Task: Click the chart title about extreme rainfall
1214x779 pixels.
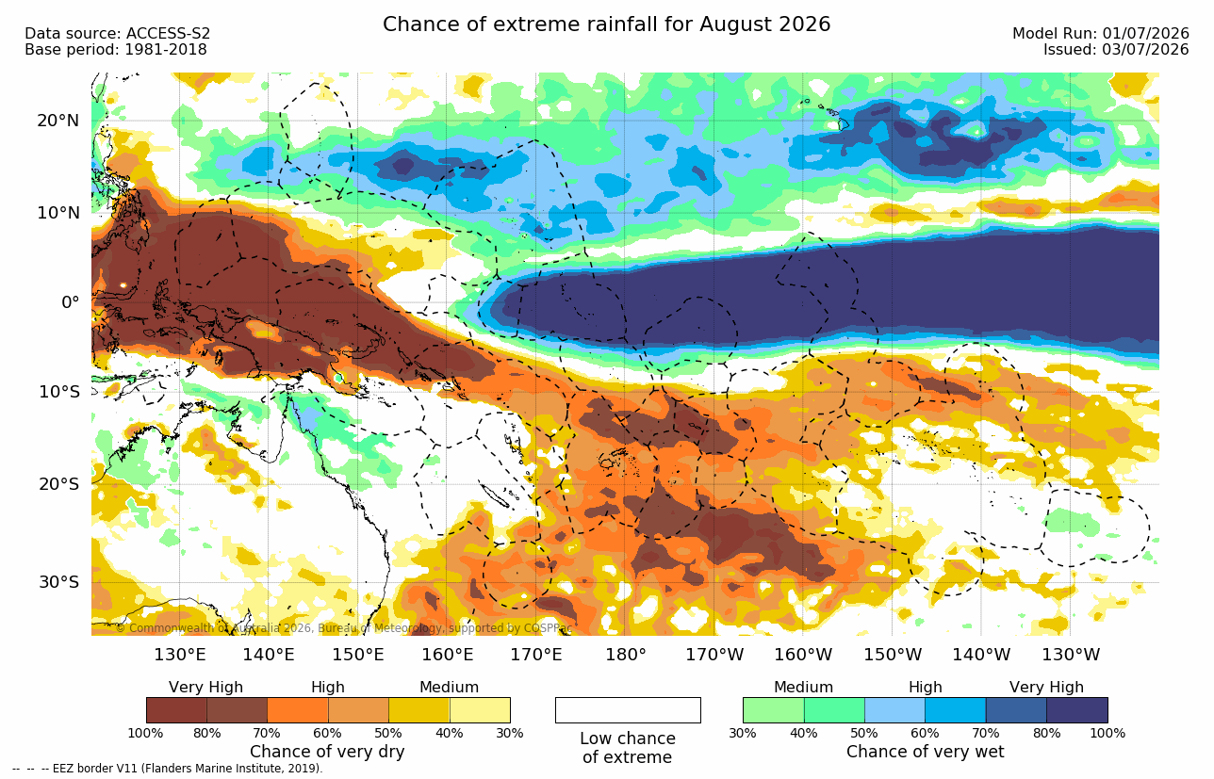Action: coord(606,24)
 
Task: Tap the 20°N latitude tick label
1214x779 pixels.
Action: coord(58,121)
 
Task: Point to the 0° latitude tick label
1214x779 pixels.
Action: coord(71,302)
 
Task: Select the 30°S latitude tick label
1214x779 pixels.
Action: coord(58,582)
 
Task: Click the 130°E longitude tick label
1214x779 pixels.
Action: coord(180,655)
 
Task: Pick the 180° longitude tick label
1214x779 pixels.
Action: coord(626,655)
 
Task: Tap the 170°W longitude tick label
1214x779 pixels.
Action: coord(714,655)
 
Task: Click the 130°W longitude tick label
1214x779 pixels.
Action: coord(1071,655)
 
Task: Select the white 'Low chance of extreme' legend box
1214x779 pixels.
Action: coord(628,710)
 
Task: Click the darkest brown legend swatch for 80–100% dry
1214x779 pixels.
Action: coord(176,710)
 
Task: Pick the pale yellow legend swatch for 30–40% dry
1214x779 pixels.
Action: coord(480,710)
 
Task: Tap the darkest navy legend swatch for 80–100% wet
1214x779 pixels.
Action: coord(1077,710)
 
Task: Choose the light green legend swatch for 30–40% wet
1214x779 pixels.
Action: coord(774,710)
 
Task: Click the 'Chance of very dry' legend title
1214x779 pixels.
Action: coord(327,752)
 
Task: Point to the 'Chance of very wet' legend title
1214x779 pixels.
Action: coord(926,752)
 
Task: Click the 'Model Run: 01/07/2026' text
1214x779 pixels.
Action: coord(1101,34)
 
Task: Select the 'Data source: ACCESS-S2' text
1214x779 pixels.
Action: coord(117,34)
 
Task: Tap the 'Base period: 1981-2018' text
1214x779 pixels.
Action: coord(115,50)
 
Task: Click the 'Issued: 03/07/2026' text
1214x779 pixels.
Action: coord(1116,50)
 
